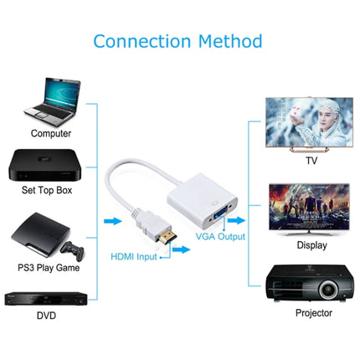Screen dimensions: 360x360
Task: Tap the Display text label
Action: pyautogui.click(x=311, y=244)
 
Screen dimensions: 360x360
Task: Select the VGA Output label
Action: pyautogui.click(x=221, y=237)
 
